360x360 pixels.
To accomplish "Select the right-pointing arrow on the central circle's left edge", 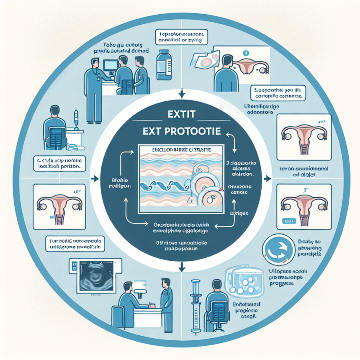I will point(93,179).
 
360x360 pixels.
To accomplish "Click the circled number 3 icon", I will point(245,53).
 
